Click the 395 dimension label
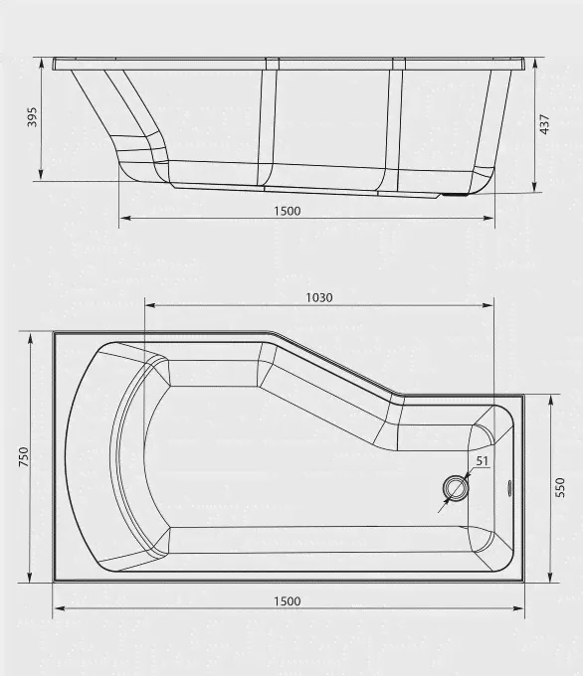[33, 117]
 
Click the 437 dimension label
[545, 124]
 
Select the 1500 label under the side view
[287, 211]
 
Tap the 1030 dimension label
[319, 297]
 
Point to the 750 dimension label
[24, 456]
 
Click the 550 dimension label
[560, 487]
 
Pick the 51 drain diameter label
[482, 461]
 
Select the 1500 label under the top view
[287, 601]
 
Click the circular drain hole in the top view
[456, 488]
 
